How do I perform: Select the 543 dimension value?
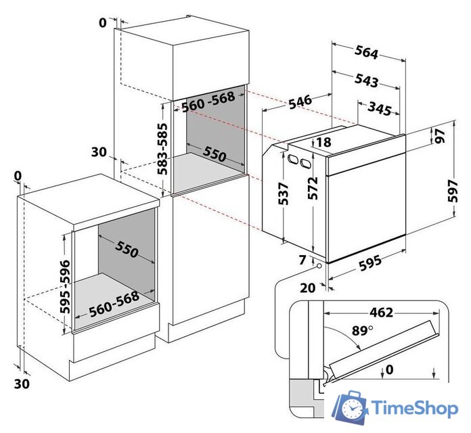tap(365, 80)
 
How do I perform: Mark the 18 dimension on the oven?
tap(323, 142)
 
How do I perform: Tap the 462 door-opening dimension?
tap(381, 313)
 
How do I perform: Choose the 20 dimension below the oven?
tap(308, 288)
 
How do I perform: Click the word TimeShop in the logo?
tap(414, 409)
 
